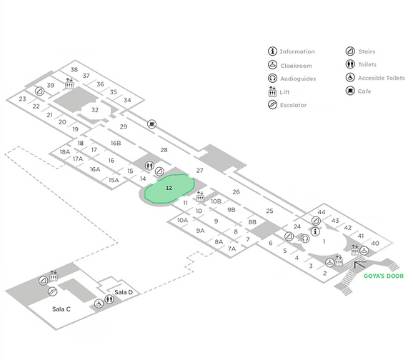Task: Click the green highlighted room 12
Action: (x=169, y=189)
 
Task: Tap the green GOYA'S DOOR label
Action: (x=384, y=276)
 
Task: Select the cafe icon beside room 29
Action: (x=151, y=124)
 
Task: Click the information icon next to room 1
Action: (x=315, y=231)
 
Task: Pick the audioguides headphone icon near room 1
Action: (x=305, y=239)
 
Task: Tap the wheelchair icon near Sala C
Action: (x=99, y=304)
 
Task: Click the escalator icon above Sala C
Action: (x=52, y=291)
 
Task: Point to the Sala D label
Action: (x=124, y=292)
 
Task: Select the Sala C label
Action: (x=61, y=309)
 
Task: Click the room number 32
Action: (x=95, y=110)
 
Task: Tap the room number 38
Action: (x=74, y=69)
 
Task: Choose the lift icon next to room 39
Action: (x=69, y=84)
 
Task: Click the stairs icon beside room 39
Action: (x=40, y=91)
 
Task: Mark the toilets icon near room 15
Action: (x=149, y=166)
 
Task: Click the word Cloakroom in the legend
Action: (x=296, y=66)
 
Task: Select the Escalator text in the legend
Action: (x=293, y=105)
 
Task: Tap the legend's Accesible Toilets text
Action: (x=381, y=78)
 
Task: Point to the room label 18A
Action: (x=65, y=151)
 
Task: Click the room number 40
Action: (x=375, y=244)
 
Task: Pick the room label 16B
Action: (x=116, y=143)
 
